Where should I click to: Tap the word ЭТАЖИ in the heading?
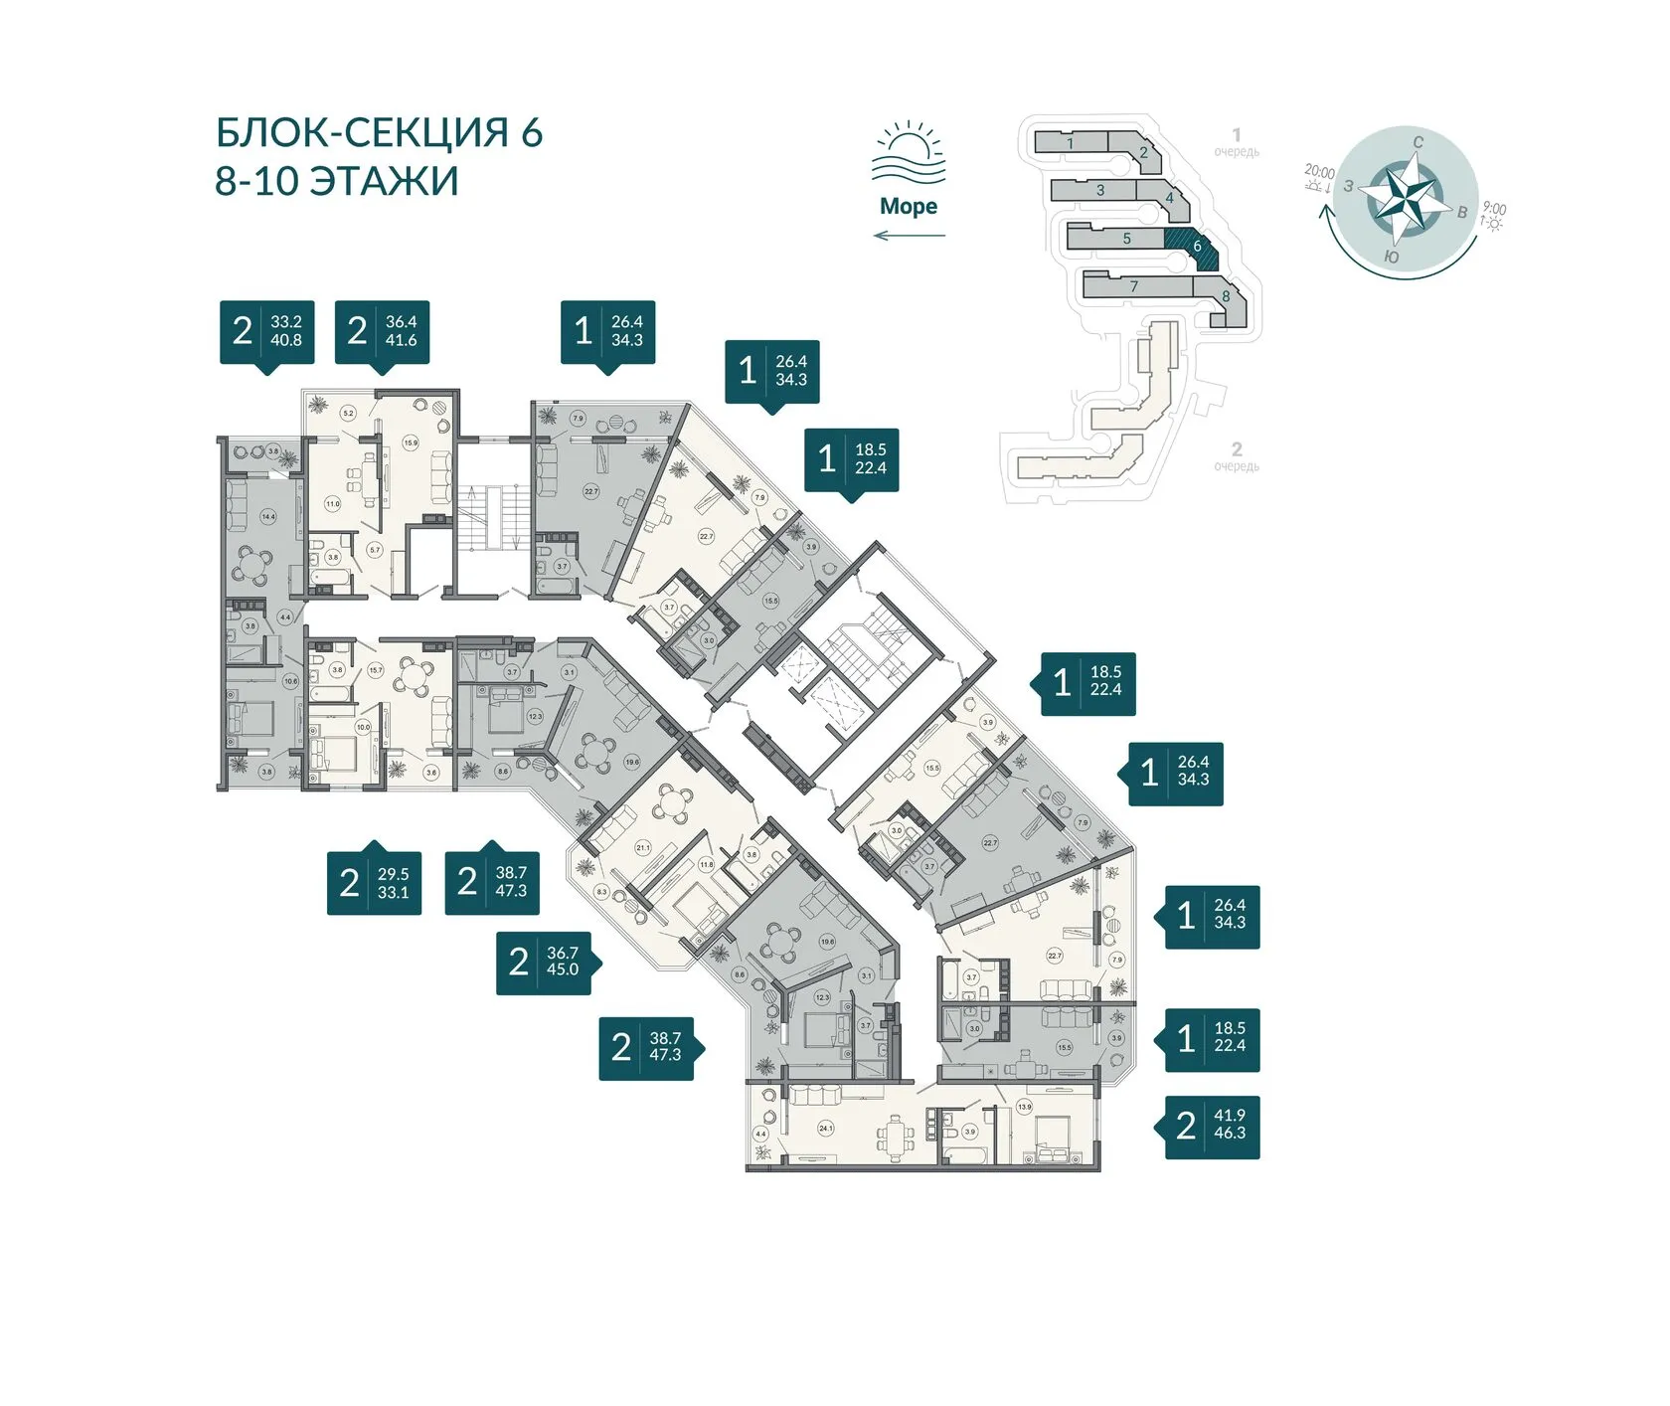(384, 182)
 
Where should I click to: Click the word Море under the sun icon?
(908, 206)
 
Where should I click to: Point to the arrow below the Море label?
(909, 236)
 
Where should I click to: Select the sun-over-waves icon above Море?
(908, 154)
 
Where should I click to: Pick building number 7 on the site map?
(1134, 286)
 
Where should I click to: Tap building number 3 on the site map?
(1100, 190)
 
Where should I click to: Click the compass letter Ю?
(1392, 258)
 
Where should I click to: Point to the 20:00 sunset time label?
(1319, 172)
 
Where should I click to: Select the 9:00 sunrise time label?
(1494, 209)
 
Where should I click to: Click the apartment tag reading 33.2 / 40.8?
(266, 331)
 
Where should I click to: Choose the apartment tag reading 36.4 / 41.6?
(382, 331)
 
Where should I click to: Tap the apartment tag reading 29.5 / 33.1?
(374, 883)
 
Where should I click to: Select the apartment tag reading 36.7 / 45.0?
(544, 962)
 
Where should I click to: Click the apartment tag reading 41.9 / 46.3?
(1212, 1125)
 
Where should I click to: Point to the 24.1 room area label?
(826, 1129)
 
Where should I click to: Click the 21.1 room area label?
(642, 848)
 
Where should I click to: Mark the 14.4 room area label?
(268, 517)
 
